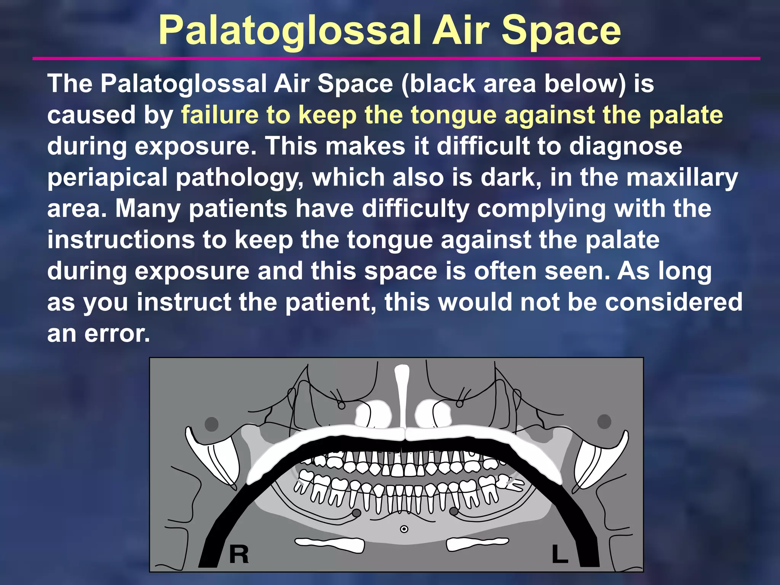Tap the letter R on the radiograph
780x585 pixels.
239,554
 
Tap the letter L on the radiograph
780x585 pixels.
559,554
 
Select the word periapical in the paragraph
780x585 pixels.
107,178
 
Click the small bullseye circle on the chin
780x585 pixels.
404,529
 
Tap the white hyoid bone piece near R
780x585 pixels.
330,545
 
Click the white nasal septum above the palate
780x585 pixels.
401,396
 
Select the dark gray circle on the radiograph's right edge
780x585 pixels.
604,422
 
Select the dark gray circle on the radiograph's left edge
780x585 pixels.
211,424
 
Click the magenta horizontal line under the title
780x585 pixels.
396,59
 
